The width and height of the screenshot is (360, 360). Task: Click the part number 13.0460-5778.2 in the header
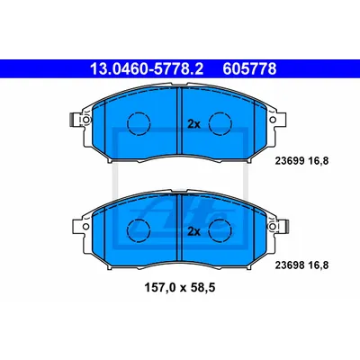coord(147,69)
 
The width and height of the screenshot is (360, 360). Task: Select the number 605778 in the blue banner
coord(249,69)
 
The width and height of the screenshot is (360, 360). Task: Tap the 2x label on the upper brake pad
coord(193,124)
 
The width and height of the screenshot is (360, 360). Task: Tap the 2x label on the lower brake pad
coord(193,231)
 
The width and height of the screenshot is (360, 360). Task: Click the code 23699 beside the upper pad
coord(289,161)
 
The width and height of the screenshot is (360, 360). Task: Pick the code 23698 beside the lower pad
coord(289,265)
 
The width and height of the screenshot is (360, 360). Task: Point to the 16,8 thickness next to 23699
coord(318,161)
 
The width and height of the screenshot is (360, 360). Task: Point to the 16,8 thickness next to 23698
coord(318,265)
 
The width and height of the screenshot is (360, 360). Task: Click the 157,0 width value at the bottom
coord(160,288)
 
